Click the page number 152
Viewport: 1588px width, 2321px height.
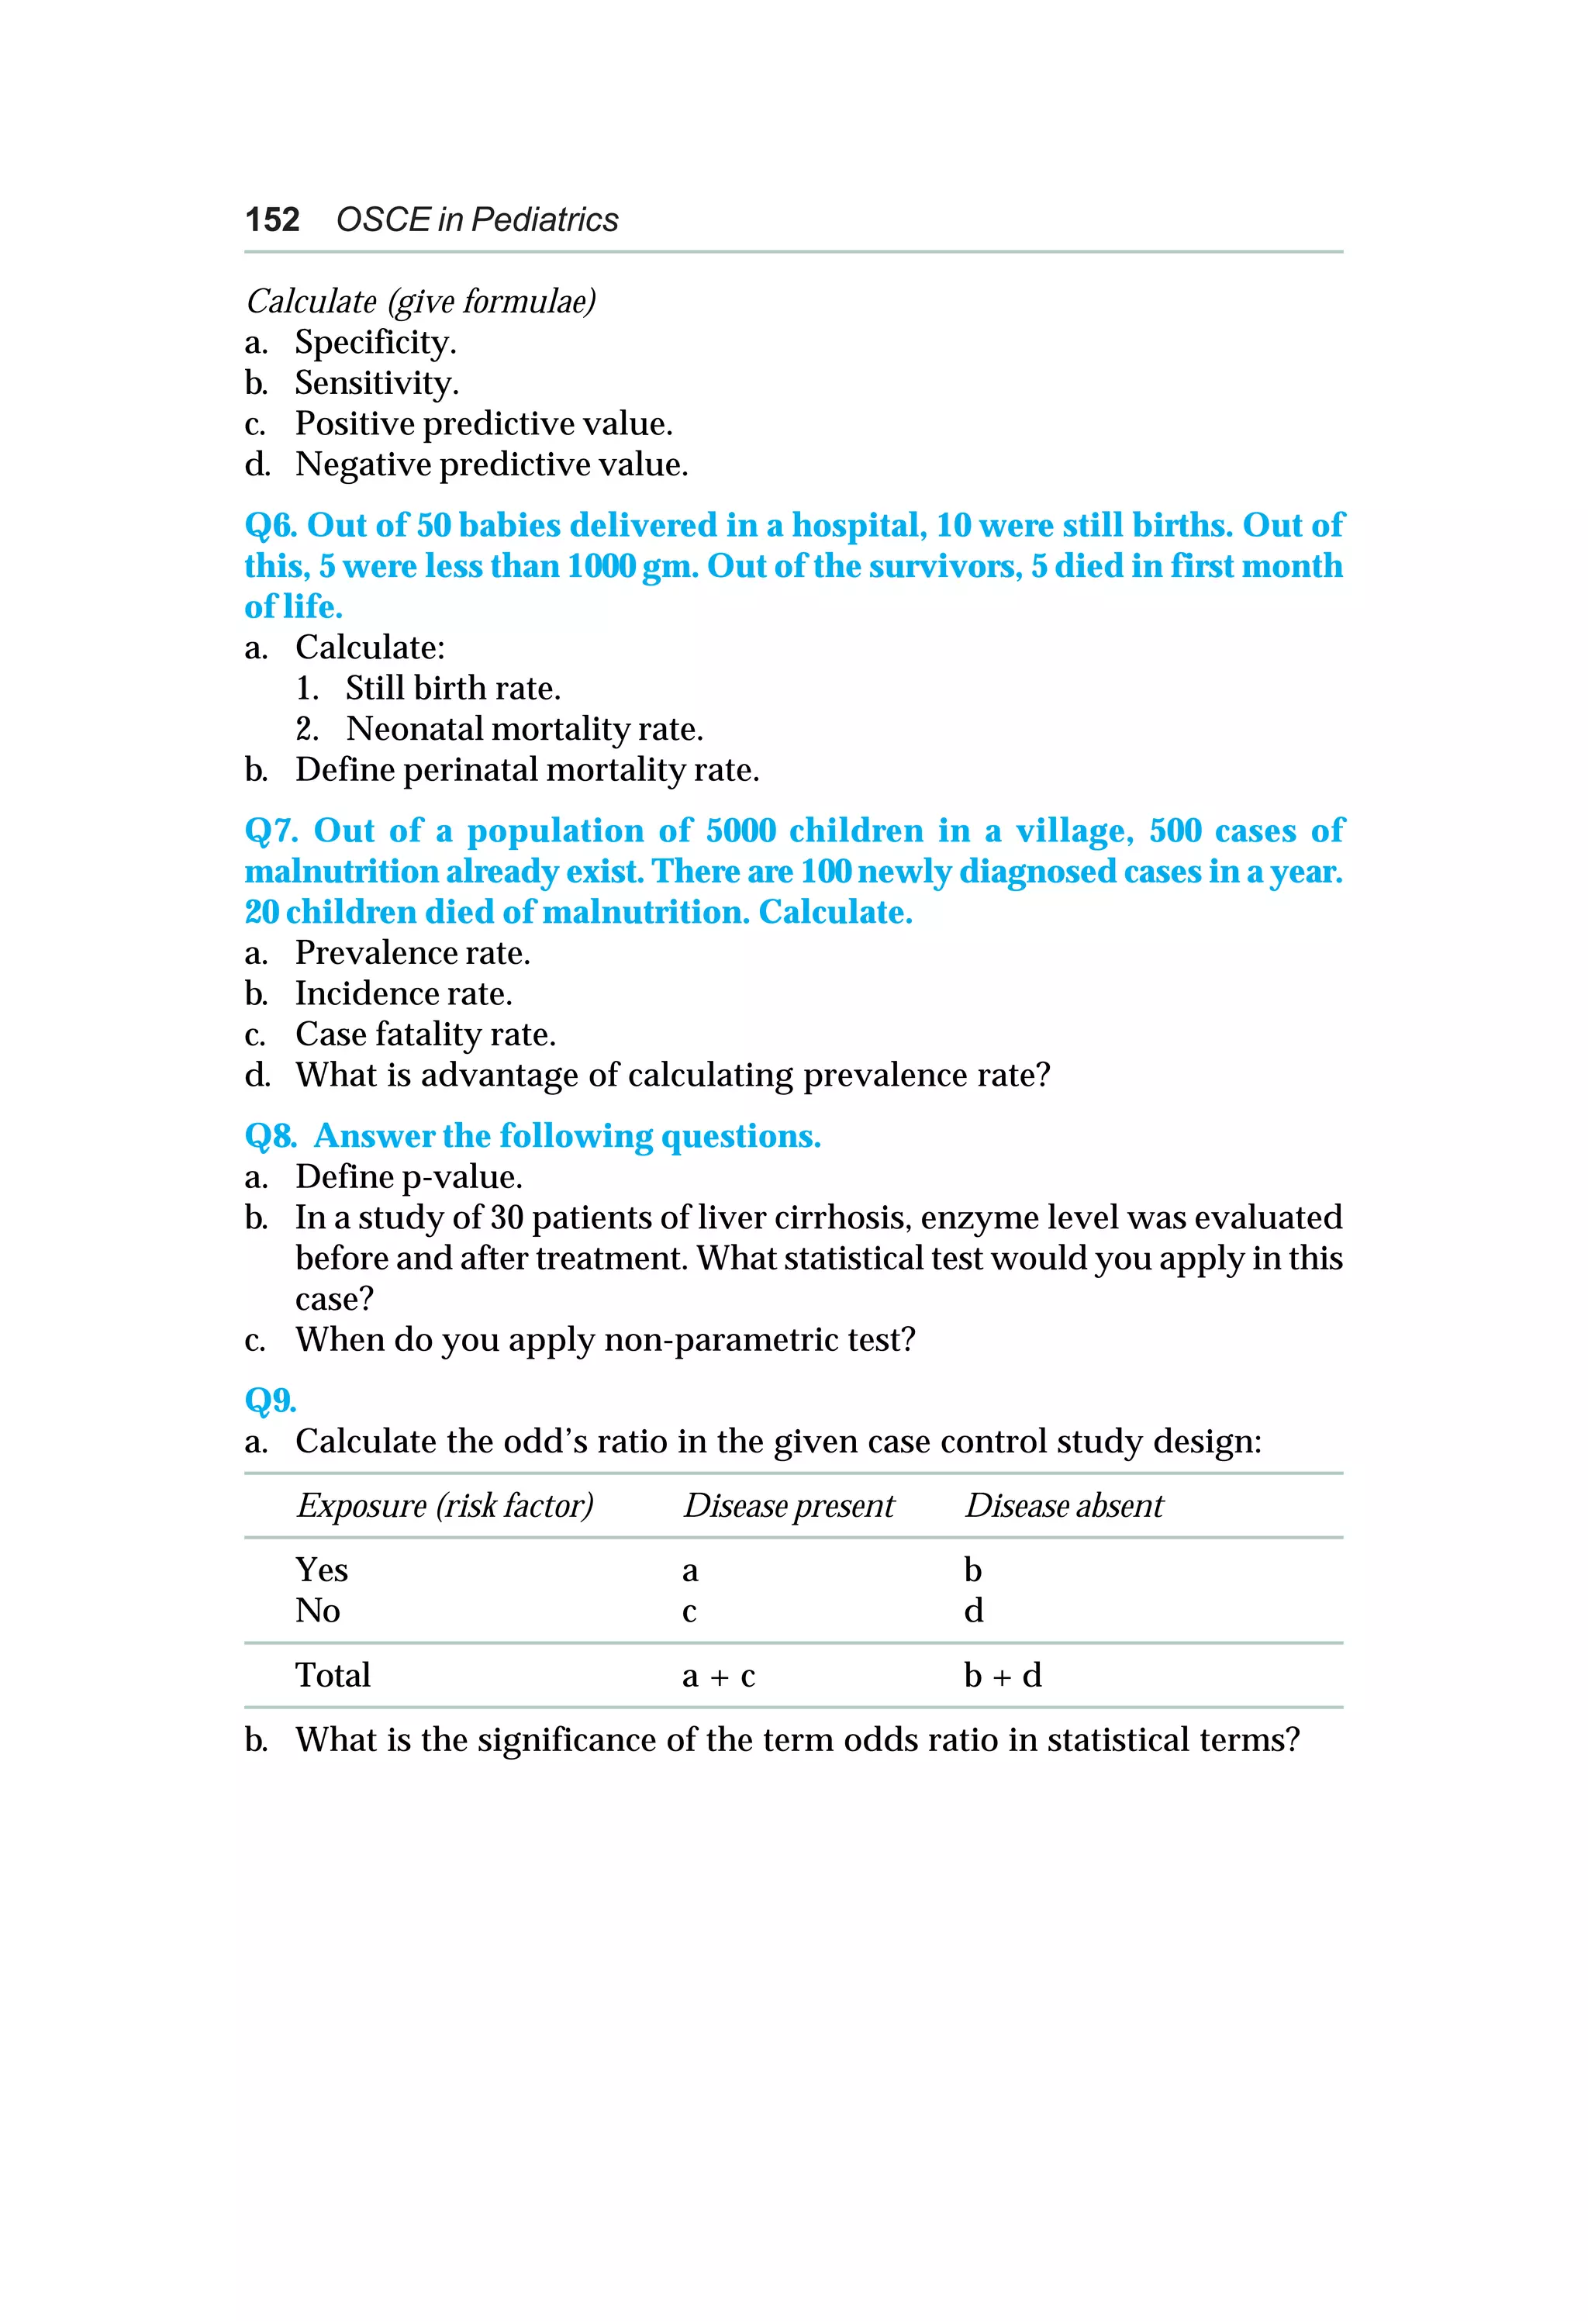click(271, 219)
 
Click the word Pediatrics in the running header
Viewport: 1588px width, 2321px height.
click(544, 219)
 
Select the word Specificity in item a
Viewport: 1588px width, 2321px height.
click(375, 343)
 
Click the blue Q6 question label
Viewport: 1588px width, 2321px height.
click(270, 525)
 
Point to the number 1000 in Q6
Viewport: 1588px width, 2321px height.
click(600, 566)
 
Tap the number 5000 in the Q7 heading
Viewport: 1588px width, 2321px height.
click(740, 831)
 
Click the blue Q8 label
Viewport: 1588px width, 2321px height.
click(270, 1137)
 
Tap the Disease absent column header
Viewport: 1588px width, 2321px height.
click(1064, 1506)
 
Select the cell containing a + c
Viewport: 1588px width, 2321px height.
click(718, 1676)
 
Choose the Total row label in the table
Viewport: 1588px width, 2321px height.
click(333, 1676)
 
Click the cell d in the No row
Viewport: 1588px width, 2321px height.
click(973, 1611)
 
